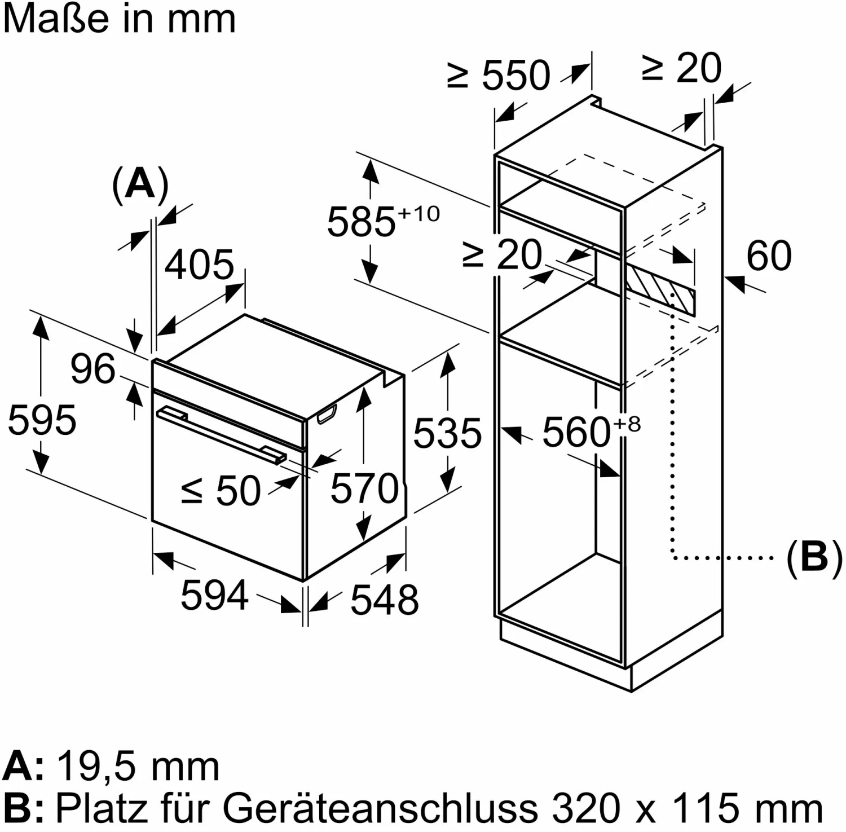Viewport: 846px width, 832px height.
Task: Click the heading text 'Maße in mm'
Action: pyautogui.click(x=119, y=19)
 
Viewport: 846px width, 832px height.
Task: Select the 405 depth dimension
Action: pyautogui.click(x=199, y=264)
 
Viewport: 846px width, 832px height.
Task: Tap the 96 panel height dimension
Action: pyautogui.click(x=93, y=369)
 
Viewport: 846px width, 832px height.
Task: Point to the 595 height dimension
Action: pyautogui.click(x=42, y=420)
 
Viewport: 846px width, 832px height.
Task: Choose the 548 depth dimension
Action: pyautogui.click(x=385, y=600)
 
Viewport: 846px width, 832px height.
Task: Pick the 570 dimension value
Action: pyautogui.click(x=364, y=488)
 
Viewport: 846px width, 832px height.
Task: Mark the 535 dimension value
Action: pyautogui.click(x=448, y=433)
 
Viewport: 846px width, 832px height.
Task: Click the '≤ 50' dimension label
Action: pyautogui.click(x=221, y=491)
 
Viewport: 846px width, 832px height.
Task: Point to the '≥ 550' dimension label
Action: pyautogui.click(x=499, y=75)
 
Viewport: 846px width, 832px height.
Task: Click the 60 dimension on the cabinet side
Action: pyautogui.click(x=769, y=256)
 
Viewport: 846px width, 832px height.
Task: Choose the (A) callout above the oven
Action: pyautogui.click(x=140, y=184)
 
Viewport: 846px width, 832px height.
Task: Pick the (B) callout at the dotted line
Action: pyautogui.click(x=814, y=557)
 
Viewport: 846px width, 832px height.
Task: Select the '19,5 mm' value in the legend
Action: pyautogui.click(x=139, y=767)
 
